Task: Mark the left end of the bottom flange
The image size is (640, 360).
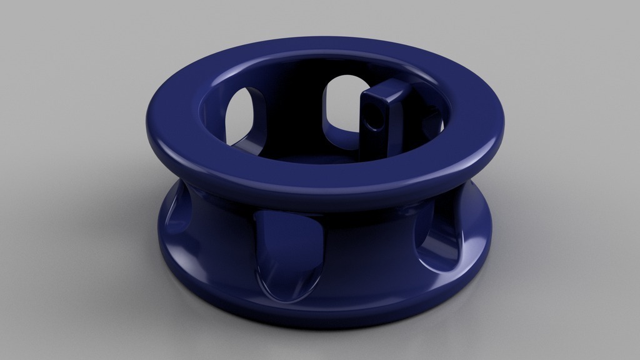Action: [161, 250]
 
